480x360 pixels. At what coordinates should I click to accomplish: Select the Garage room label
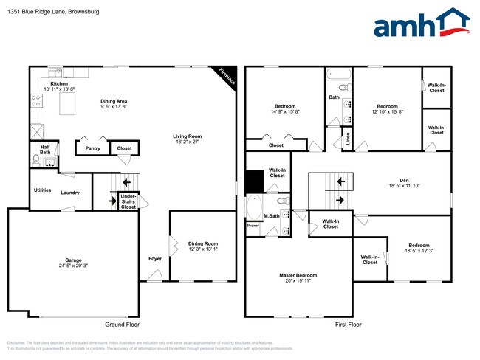(72, 260)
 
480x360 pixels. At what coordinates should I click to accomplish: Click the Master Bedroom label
(299, 276)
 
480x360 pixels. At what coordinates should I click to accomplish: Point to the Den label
(405, 179)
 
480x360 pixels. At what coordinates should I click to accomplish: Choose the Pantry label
(92, 148)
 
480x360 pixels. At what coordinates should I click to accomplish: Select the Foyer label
(154, 258)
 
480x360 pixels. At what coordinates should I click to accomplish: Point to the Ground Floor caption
(122, 325)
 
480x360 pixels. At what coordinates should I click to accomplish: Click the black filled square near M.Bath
(254, 181)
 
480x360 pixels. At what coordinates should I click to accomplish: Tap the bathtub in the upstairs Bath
(338, 75)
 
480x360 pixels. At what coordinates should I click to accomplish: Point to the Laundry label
(70, 193)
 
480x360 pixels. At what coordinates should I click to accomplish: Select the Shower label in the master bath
(253, 225)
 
